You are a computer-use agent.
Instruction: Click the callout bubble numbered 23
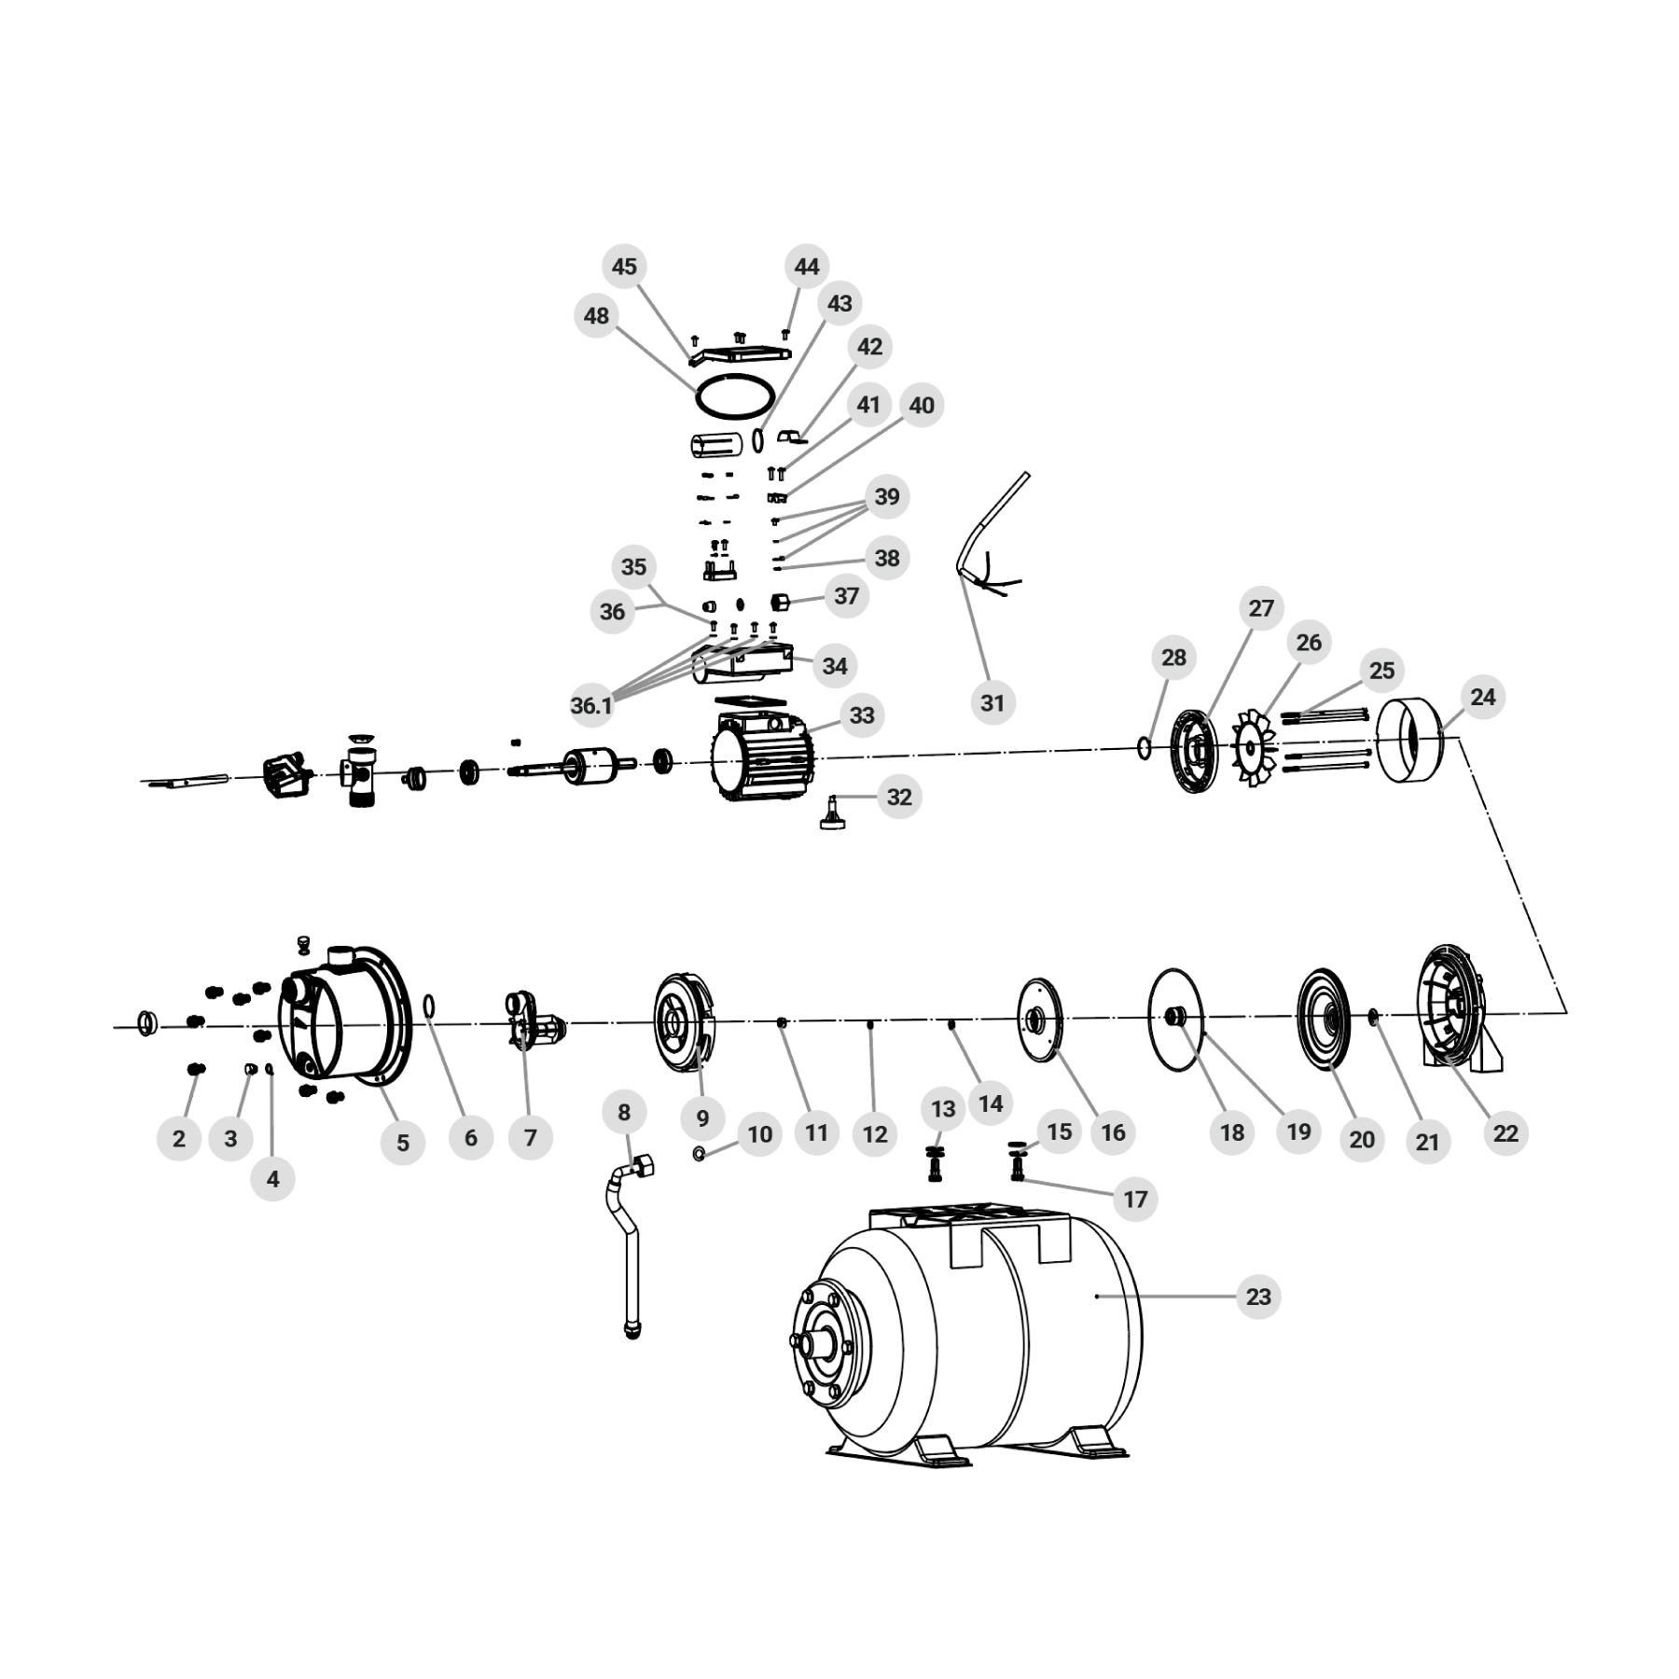pos(1258,1297)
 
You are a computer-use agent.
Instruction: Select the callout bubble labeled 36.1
pos(591,706)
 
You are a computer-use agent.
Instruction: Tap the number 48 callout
pos(596,316)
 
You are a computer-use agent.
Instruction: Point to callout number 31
pos(992,702)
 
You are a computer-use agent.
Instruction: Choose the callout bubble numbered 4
pos(272,1179)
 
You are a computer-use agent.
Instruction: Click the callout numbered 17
pos(1135,1199)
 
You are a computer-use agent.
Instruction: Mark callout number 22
pos(1506,1133)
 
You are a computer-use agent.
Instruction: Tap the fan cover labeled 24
pos(1410,741)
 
